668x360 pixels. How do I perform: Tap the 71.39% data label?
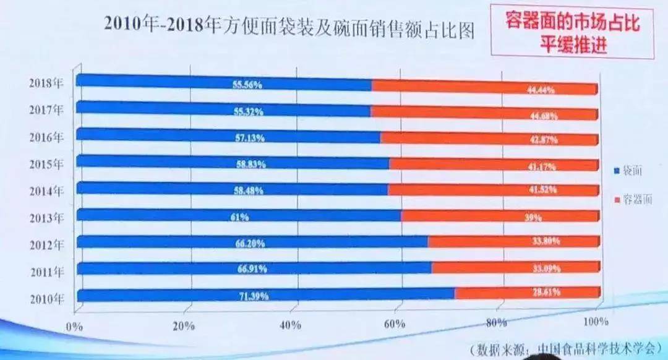[254, 296]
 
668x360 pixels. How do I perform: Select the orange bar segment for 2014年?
[492, 189]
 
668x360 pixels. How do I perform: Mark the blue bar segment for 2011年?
[254, 267]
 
